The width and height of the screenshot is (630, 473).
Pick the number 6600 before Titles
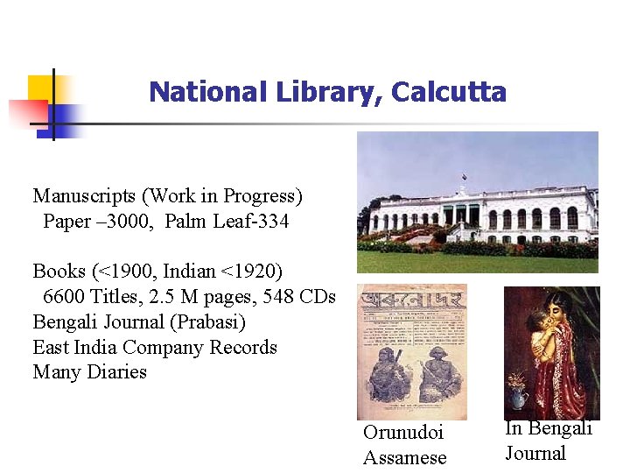67,297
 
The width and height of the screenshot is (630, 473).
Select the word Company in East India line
172,347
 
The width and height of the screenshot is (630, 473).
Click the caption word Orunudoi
403,433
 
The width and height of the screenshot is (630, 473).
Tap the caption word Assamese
405,457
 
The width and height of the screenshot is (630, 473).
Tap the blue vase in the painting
519,399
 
